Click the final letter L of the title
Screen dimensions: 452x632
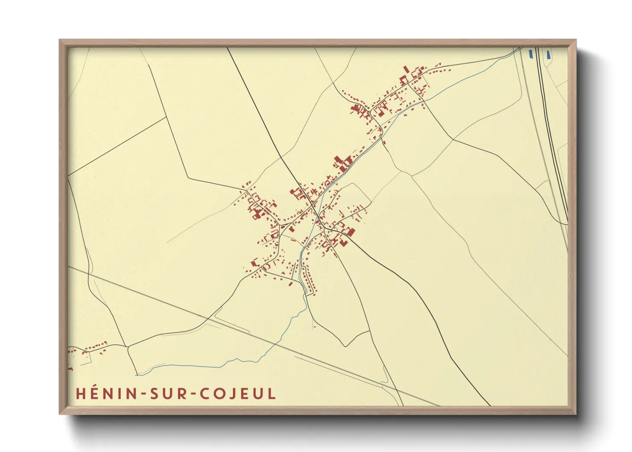tap(272, 393)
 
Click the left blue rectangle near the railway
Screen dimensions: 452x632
tap(531, 54)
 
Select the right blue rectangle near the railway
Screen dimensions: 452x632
tap(548, 54)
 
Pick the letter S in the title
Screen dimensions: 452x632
tap(153, 393)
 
